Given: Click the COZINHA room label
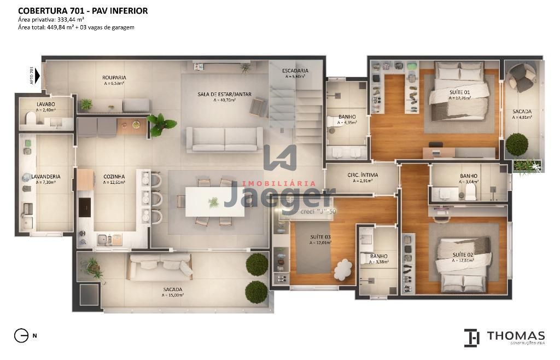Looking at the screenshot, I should (x=114, y=177).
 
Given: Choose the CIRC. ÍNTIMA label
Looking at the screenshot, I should (x=363, y=175).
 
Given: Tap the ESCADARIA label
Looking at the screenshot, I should (x=295, y=71).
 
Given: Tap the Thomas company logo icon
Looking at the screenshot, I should (x=471, y=338).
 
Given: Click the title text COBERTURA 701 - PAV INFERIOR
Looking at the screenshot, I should (x=83, y=10).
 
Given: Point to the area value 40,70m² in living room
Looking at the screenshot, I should (x=225, y=100).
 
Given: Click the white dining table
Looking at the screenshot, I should (x=213, y=201).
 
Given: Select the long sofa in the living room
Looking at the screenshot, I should (x=225, y=139).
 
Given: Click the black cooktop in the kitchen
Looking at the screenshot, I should (x=85, y=206).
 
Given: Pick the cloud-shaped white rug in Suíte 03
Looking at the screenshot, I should (x=343, y=268).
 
